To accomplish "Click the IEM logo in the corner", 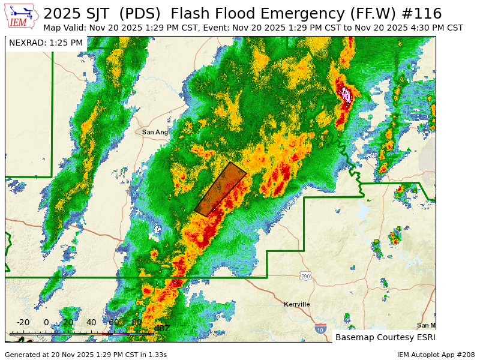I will pyautogui.click(x=22, y=17).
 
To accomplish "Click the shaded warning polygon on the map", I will pyautogui.click(x=220, y=189).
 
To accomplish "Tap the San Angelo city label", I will pyautogui.click(x=155, y=132).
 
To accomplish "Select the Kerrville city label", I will pyautogui.click(x=297, y=304).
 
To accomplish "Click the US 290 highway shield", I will pyautogui.click(x=305, y=275).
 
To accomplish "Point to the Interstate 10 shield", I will pyautogui.click(x=320, y=329).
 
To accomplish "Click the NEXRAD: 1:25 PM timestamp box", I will pyautogui.click(x=46, y=43).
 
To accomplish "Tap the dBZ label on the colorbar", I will pyautogui.click(x=162, y=328).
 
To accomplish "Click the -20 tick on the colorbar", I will pyautogui.click(x=23, y=323).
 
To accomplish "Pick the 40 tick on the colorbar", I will pyautogui.click(x=91, y=323).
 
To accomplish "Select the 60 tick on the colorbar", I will pyautogui.click(x=113, y=323).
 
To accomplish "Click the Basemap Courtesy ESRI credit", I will pyautogui.click(x=385, y=337).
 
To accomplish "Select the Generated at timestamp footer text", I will pyautogui.click(x=86, y=355).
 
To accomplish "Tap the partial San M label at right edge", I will pyautogui.click(x=426, y=325).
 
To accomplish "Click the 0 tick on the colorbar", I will pyautogui.click(x=46, y=323).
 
